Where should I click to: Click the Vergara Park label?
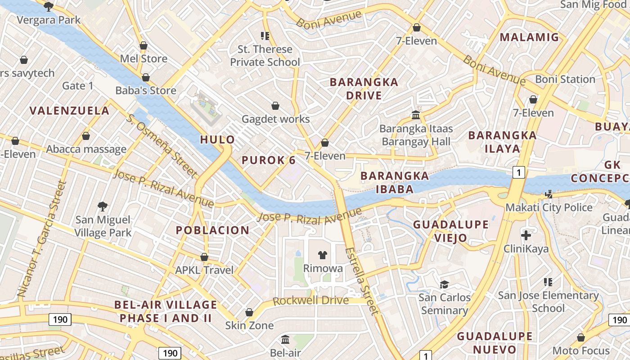pyautogui.click(x=49, y=20)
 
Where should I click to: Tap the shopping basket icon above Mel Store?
pyautogui.click(x=144, y=45)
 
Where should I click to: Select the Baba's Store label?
pyautogui.click(x=146, y=90)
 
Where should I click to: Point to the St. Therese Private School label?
pyautogui.click(x=265, y=55)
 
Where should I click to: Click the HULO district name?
pyautogui.click(x=217, y=139)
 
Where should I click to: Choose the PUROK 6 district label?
pyautogui.click(x=269, y=160)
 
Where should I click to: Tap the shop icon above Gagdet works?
pyautogui.click(x=275, y=106)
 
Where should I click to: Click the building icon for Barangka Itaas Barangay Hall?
pyautogui.click(x=416, y=115)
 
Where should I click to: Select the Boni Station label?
pyautogui.click(x=565, y=79)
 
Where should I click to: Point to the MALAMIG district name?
pyautogui.click(x=529, y=37)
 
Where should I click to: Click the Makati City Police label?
pyautogui.click(x=549, y=207)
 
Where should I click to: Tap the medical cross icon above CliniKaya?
pyautogui.click(x=526, y=235)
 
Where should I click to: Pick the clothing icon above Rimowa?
pyautogui.click(x=322, y=255)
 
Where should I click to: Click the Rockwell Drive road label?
pyautogui.click(x=310, y=301)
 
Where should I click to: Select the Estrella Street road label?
pyautogui.click(x=362, y=281)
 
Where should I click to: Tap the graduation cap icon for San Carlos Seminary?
pyautogui.click(x=444, y=284)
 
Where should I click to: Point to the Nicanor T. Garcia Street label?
pyautogui.click(x=42, y=238)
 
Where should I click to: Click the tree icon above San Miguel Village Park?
pyautogui.click(x=103, y=207)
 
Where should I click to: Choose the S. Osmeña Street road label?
pyautogui.click(x=162, y=145)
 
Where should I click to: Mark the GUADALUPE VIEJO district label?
pyautogui.click(x=450, y=231)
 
